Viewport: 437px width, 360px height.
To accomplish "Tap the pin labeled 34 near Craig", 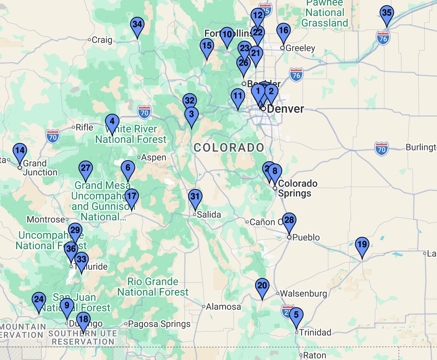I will (x=137, y=25).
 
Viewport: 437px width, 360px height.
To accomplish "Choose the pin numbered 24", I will (x=39, y=300).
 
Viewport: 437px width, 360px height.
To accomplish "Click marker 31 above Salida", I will (x=195, y=197).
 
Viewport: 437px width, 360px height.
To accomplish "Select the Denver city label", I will (x=285, y=109).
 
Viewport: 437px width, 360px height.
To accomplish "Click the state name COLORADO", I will (x=229, y=147).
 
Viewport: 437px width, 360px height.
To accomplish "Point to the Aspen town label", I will (x=153, y=158).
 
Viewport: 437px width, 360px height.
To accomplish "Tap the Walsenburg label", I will (x=303, y=294).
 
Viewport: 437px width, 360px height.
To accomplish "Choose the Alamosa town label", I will (x=224, y=307).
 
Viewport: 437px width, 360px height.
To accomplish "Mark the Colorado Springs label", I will (x=297, y=189).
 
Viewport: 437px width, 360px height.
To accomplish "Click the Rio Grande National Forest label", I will (x=153, y=287).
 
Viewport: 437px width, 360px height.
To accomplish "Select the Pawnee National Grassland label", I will (x=324, y=13).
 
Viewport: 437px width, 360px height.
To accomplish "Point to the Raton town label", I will (x=315, y=355).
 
